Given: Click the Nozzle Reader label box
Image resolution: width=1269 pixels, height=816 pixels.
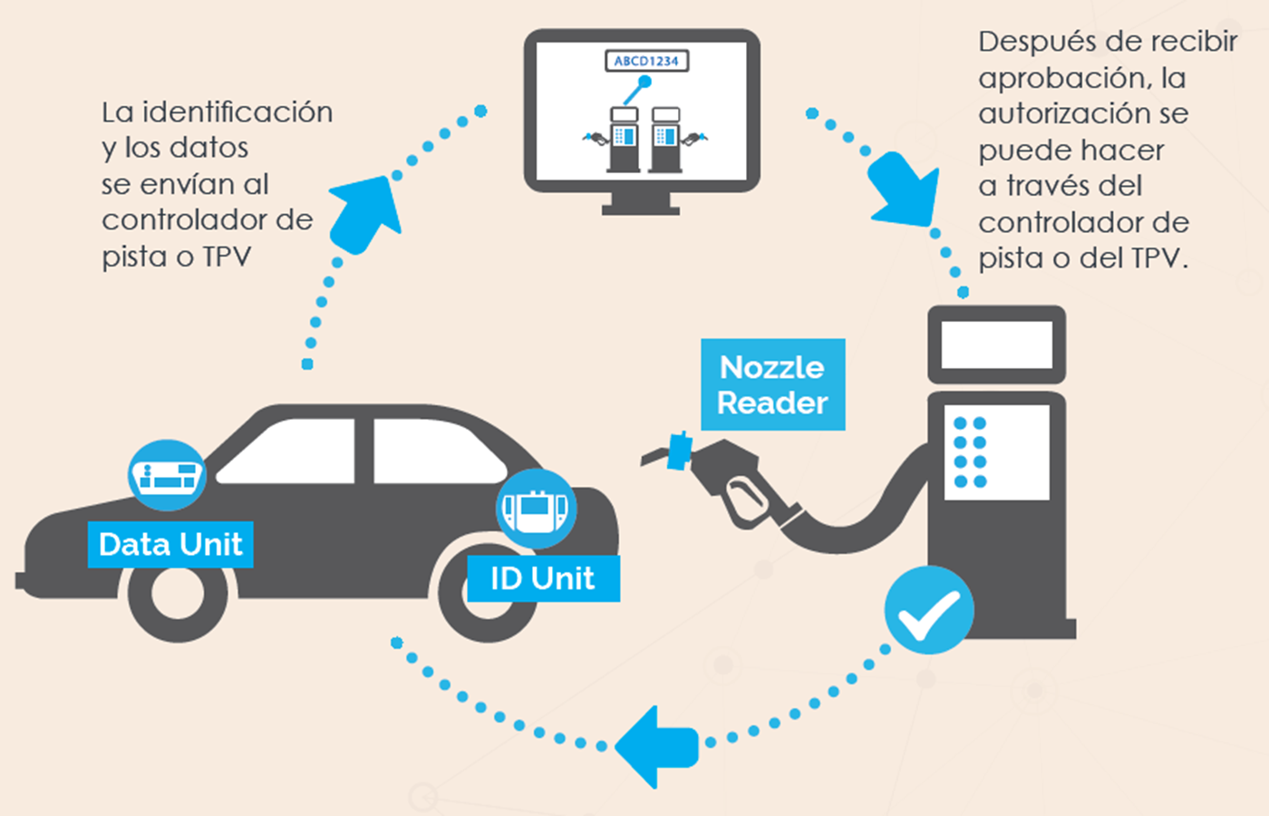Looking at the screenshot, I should tap(772, 384).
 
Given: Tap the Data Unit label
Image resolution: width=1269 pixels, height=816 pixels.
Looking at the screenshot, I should tap(170, 544).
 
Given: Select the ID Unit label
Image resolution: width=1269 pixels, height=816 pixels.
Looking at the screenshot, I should tap(543, 578).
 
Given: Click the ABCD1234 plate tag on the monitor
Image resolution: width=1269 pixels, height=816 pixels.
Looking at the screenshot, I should tap(646, 61).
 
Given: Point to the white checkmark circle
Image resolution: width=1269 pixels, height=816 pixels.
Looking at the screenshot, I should tap(929, 610).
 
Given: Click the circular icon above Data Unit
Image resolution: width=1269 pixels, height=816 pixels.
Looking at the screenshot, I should tap(167, 475).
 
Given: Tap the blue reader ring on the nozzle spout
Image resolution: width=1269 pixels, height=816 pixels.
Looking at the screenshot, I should tap(680, 451).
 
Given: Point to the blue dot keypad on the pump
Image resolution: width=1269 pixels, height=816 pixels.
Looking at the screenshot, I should tap(970, 452).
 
